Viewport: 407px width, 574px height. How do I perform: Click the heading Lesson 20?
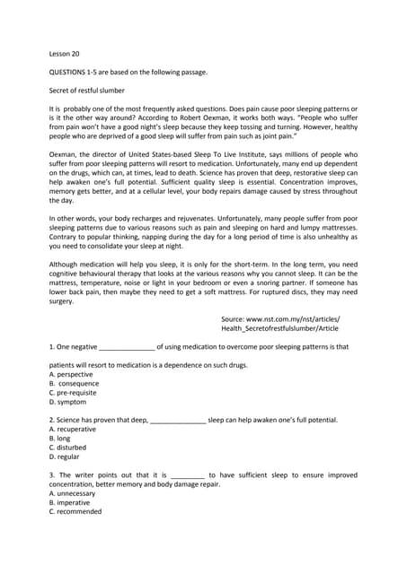(64, 53)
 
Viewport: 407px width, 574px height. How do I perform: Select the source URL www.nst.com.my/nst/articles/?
(280, 318)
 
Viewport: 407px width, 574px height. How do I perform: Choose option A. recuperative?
(73, 430)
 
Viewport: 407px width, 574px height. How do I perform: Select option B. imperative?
(70, 502)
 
